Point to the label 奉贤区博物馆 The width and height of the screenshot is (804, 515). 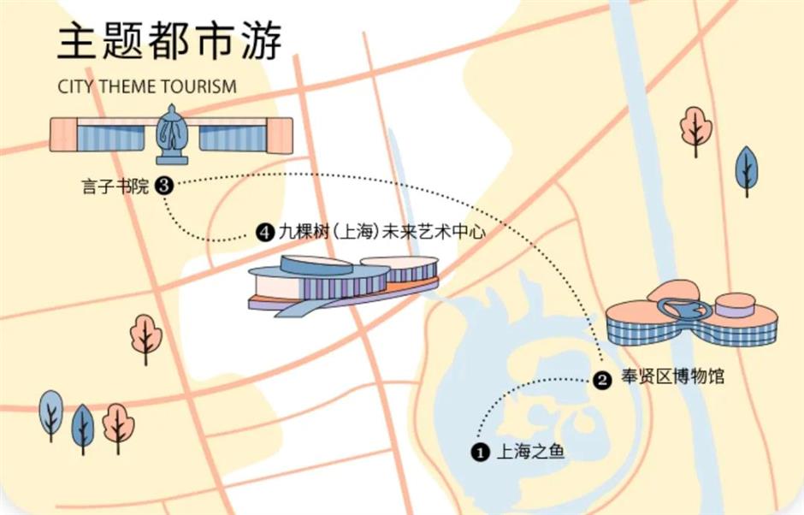pos(671,376)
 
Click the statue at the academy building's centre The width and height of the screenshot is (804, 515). pos(173,134)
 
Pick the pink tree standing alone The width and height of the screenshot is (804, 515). pos(144,338)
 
